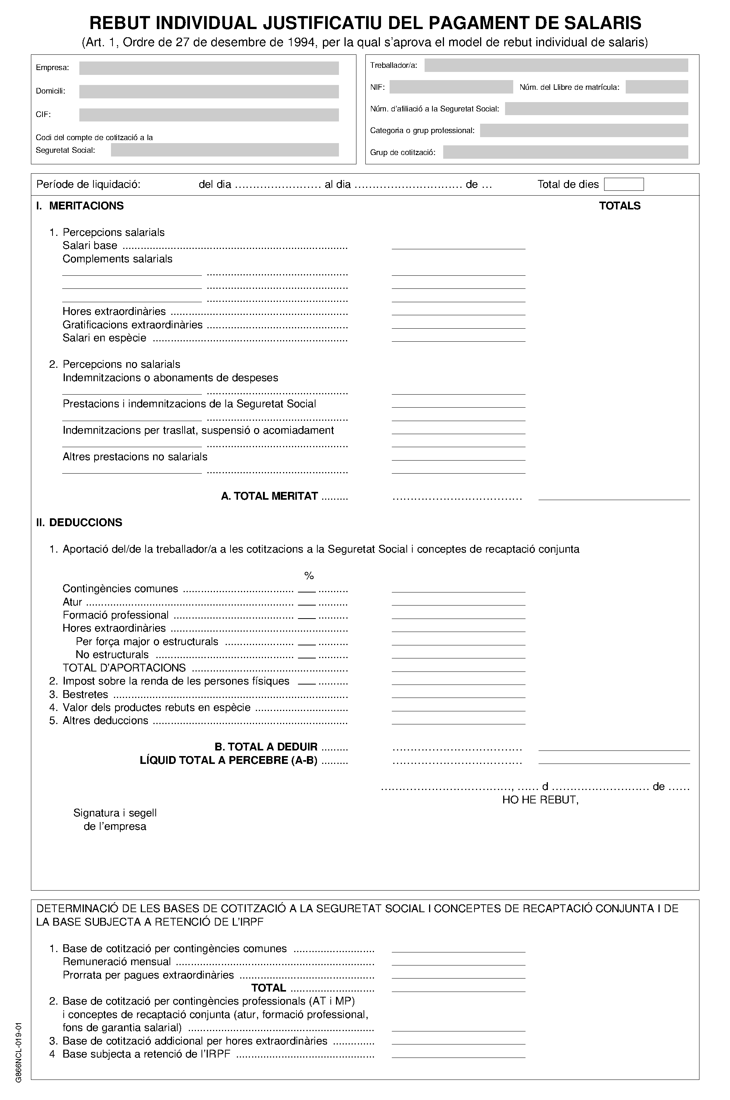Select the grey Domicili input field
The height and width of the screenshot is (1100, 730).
pos(209,91)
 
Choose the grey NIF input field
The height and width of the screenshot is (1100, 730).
pos(451,87)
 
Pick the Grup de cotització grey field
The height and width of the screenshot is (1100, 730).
pos(565,152)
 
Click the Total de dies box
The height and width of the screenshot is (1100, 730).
pos(623,184)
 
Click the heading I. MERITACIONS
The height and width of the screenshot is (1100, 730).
pos(80,206)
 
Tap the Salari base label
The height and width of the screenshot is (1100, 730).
pos(90,246)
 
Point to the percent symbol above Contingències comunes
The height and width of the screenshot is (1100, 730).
pos(309,576)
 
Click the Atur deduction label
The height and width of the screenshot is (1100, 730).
pos(72,602)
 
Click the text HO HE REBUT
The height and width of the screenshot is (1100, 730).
pos(540,800)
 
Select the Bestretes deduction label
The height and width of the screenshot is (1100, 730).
pos(85,694)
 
